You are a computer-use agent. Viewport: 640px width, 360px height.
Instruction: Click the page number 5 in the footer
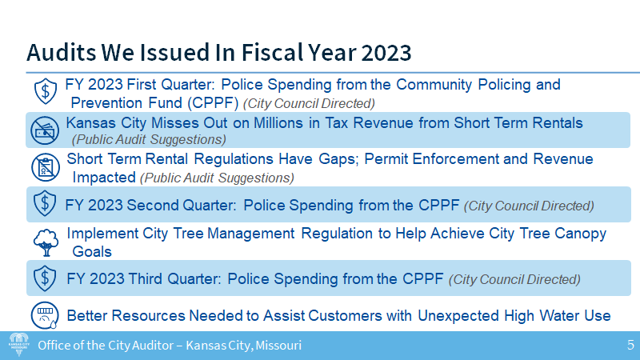[x=630, y=346]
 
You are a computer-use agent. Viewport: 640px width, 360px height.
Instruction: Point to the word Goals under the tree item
[x=91, y=251]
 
